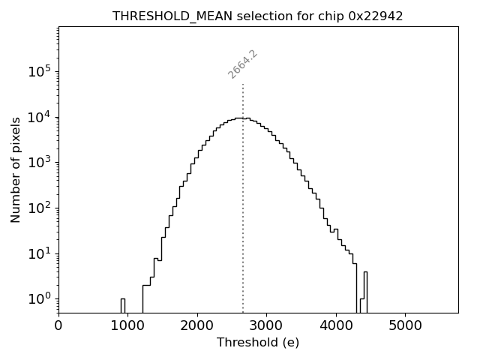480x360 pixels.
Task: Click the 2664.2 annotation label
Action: (x=243, y=64)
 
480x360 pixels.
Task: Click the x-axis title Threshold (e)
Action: (x=258, y=343)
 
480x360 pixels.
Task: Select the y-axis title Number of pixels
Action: (x=16, y=170)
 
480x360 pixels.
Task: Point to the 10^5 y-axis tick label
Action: (x=38, y=72)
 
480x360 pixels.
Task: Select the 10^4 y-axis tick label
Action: (x=38, y=117)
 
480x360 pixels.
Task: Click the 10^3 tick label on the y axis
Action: (x=38, y=163)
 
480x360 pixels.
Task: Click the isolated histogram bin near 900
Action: (x=122, y=305)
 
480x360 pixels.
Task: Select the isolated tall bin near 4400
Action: (x=365, y=292)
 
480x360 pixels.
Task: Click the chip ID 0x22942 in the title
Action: (x=376, y=16)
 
